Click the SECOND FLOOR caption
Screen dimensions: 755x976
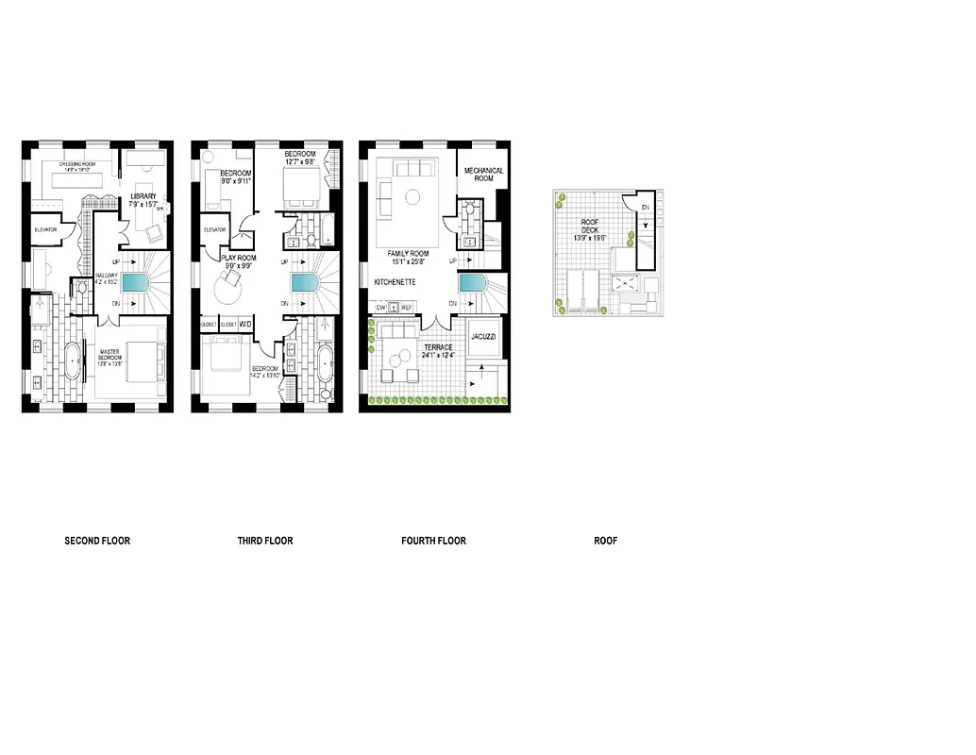click(x=97, y=541)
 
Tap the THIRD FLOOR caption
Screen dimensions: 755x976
click(x=265, y=541)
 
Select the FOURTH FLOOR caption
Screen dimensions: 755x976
click(x=433, y=541)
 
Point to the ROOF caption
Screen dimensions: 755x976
click(x=605, y=541)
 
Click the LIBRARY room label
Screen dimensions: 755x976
click(x=143, y=198)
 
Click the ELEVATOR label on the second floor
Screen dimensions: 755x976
click(x=46, y=229)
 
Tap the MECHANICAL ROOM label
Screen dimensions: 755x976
click(x=483, y=175)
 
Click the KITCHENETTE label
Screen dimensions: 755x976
click(x=396, y=282)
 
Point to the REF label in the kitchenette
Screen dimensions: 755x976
click(x=407, y=308)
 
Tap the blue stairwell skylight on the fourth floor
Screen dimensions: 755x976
click(x=473, y=284)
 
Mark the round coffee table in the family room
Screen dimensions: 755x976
click(x=412, y=197)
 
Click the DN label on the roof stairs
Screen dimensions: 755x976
click(x=646, y=207)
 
